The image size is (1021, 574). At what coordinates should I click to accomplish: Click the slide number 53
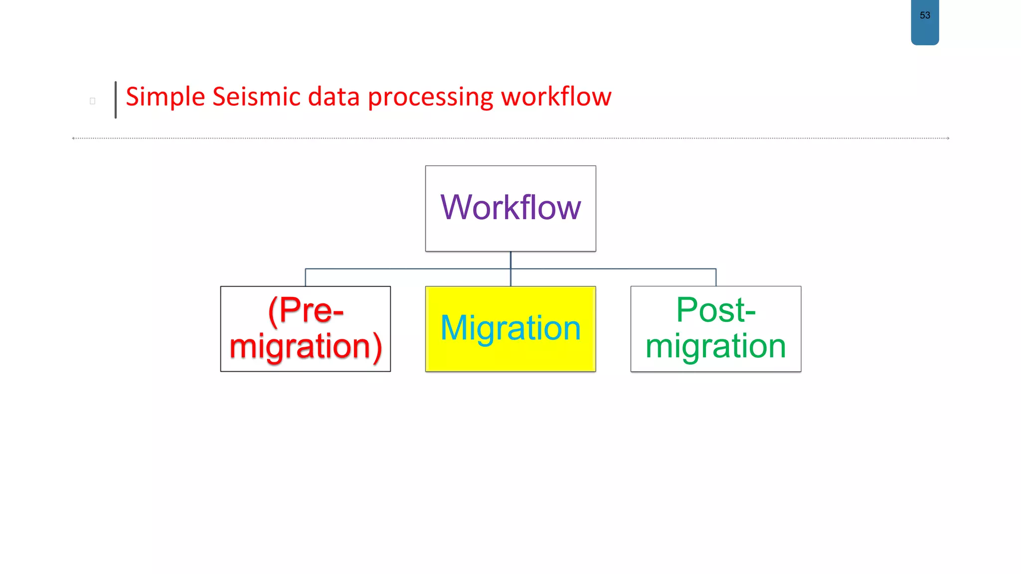925,15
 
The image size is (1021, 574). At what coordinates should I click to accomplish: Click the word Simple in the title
165,97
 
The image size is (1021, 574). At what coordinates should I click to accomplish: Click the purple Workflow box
510,208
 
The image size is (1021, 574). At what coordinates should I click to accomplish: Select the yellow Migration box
510,328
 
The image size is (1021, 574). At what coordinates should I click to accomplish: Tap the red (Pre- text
306,310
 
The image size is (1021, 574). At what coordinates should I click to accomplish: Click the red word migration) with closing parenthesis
306,346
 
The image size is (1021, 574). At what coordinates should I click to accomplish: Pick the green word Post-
716,310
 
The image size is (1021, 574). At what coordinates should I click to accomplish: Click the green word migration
716,346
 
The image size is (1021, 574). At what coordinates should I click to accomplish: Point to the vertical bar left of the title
116,100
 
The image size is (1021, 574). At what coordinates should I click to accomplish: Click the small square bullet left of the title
92,101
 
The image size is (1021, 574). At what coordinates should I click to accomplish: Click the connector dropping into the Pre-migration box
306,278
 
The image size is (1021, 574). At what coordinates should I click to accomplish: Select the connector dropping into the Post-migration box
716,278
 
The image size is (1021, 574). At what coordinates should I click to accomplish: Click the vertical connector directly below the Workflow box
510,260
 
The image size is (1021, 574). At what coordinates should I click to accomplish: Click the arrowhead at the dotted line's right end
948,138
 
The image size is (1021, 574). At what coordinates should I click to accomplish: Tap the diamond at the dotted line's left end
73,138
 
